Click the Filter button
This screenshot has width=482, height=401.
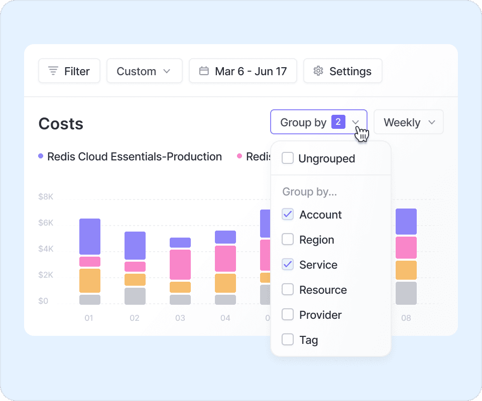(69, 71)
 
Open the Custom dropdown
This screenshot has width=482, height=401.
(144, 71)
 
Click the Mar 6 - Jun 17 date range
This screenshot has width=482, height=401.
(243, 71)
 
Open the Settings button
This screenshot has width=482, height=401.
(342, 71)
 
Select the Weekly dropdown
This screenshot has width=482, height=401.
(409, 122)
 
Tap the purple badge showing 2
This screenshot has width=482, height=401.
(338, 122)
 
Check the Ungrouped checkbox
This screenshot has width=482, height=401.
(288, 158)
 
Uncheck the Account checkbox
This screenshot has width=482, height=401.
(288, 215)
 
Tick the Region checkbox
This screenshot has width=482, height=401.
(288, 240)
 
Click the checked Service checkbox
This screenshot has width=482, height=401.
(288, 265)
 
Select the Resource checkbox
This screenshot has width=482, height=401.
(288, 290)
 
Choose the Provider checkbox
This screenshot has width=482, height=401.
(288, 315)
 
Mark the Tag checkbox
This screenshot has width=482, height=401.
(288, 340)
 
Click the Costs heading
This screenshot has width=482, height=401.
(61, 124)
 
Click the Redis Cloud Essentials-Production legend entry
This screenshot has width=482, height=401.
(134, 157)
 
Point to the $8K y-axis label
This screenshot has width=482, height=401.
(46, 197)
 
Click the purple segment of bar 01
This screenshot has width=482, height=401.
(90, 237)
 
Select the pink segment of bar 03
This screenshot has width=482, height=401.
(180, 264)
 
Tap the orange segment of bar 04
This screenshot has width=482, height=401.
(225, 283)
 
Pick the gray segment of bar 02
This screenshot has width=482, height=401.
(135, 296)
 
